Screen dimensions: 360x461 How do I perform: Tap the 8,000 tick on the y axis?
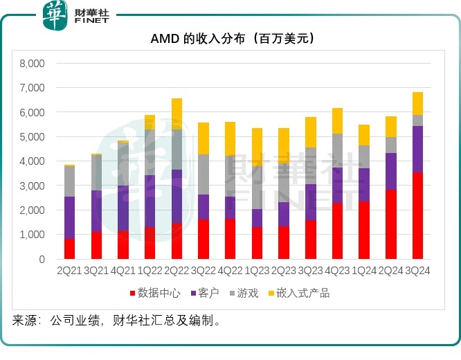coord(31,64)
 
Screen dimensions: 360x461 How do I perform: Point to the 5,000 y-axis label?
coord(31,137)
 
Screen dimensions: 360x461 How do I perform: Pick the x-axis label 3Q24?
coord(417,271)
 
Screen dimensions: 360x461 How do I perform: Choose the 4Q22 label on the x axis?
coord(230,271)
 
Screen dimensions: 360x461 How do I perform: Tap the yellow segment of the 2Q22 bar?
coord(177,114)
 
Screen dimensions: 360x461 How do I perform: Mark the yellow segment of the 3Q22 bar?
coord(204,138)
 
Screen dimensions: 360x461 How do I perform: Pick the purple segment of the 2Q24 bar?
coord(390,171)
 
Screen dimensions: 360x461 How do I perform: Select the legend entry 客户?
coord(205,294)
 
